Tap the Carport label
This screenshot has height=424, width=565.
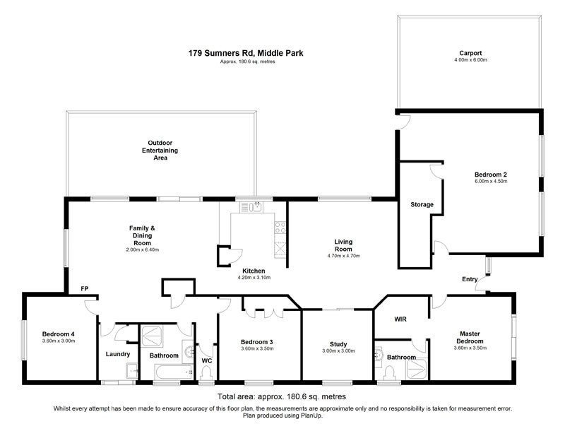pos(470,53)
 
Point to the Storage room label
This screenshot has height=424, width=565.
pos(422,205)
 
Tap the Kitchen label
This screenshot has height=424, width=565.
pos(254,271)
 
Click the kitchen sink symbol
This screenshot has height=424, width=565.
pos(252,207)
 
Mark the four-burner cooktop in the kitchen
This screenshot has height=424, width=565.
pos(279,228)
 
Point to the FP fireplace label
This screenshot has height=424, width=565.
pos(84,288)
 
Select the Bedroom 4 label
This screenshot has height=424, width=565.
pos(57,334)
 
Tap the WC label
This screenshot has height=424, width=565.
pos(206,360)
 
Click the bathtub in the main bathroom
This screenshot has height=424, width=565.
pos(167,372)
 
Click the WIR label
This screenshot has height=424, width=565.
pos(399,319)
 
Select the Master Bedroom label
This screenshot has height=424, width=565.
pos(470,337)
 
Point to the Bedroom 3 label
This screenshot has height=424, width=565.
pos(256,342)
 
